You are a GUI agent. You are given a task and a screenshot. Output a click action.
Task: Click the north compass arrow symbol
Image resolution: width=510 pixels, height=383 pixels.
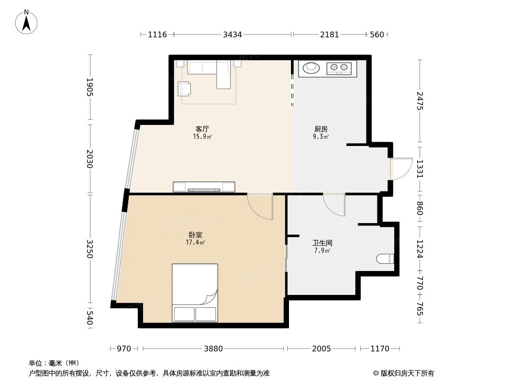point(27,22)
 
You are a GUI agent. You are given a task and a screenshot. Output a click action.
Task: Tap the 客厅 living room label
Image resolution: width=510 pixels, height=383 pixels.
point(202,129)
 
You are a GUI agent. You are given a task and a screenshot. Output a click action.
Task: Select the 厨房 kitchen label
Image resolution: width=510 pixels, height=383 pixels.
point(321,129)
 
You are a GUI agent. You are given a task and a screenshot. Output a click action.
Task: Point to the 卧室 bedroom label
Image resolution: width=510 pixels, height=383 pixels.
point(195,235)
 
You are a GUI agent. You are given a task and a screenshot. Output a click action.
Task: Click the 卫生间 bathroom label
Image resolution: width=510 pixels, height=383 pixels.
point(322,243)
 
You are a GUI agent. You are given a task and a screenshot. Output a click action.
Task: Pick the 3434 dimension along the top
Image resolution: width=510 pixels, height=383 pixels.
point(233,34)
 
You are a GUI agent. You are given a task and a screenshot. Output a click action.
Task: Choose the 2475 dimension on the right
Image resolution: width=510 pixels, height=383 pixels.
point(420,101)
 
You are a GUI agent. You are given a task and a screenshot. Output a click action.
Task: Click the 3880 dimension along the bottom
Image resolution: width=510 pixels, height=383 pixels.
point(213,349)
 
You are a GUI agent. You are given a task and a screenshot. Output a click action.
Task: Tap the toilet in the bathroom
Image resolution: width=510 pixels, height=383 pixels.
point(385,259)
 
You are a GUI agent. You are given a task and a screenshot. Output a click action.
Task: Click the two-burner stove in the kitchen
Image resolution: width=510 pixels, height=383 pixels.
point(339,68)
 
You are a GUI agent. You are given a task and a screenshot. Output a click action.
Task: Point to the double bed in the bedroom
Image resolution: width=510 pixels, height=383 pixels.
point(195,293)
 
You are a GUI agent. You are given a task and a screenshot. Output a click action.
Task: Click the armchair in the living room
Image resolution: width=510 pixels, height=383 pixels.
point(185,89)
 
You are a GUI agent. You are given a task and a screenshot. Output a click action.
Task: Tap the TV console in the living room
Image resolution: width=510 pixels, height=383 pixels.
point(204,187)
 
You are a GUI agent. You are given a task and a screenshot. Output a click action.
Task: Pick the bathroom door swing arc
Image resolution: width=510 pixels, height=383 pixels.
point(334,205)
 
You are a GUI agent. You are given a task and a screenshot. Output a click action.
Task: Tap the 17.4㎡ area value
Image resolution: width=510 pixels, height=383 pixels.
point(195,243)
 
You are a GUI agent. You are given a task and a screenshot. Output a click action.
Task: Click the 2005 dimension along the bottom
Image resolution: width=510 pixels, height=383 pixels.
point(322,349)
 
